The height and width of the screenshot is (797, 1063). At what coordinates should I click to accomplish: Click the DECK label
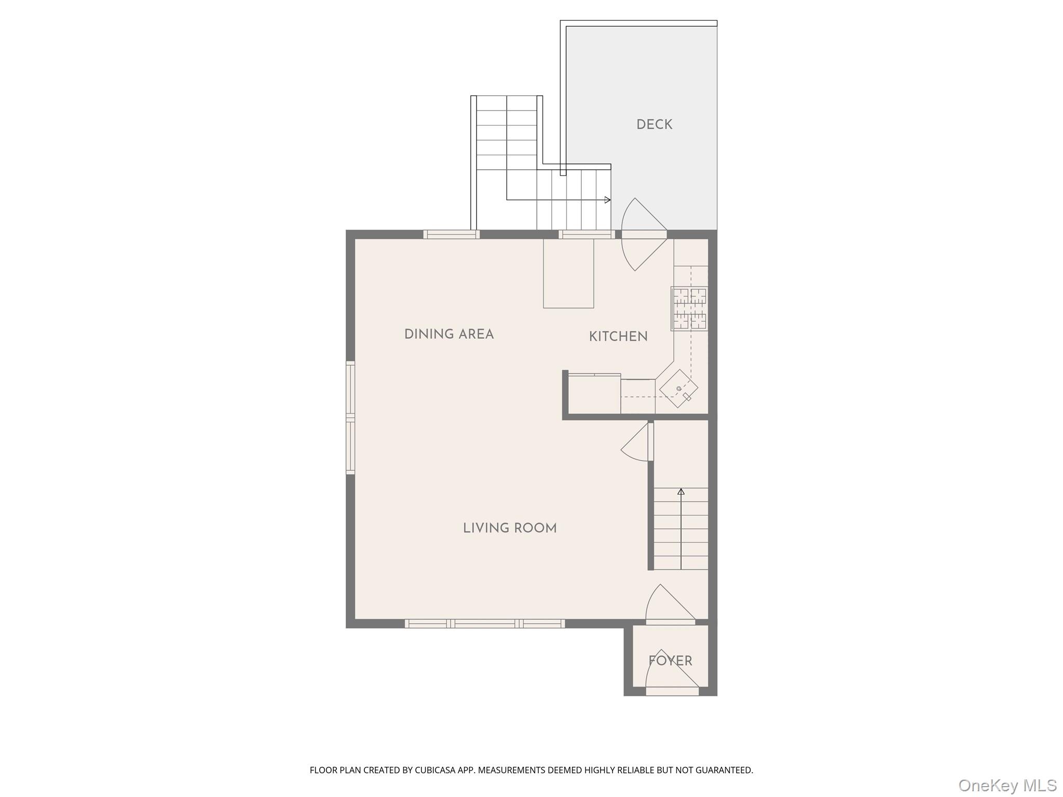(x=654, y=125)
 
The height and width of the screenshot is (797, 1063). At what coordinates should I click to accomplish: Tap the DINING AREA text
(x=449, y=334)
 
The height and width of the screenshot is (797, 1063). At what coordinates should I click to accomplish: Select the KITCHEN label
(x=618, y=337)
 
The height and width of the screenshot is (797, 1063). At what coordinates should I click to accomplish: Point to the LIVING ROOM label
(x=510, y=528)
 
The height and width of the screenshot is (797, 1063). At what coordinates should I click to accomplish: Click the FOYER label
(x=670, y=661)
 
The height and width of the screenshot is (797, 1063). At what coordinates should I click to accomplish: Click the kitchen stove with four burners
(x=689, y=309)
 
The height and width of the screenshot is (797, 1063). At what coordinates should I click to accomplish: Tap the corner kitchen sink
(x=679, y=389)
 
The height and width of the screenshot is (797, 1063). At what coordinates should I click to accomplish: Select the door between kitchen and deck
(x=644, y=235)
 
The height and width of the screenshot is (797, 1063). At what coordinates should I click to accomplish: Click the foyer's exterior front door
(x=672, y=691)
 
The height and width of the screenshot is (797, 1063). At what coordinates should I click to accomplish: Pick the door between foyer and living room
(x=670, y=621)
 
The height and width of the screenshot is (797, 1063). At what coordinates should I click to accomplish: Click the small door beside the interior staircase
(x=650, y=442)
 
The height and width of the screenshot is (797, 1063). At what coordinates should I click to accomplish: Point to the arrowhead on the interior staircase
(x=681, y=491)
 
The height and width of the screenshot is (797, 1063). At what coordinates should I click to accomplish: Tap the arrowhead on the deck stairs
(x=608, y=200)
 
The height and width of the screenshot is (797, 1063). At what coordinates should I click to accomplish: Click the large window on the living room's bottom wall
(x=485, y=624)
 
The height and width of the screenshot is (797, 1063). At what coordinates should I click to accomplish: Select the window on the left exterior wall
(x=350, y=418)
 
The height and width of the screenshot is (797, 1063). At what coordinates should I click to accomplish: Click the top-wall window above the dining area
(x=452, y=235)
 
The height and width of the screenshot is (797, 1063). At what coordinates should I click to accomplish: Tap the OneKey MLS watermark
(x=1007, y=785)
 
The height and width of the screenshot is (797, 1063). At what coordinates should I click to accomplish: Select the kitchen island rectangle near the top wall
(x=568, y=273)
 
